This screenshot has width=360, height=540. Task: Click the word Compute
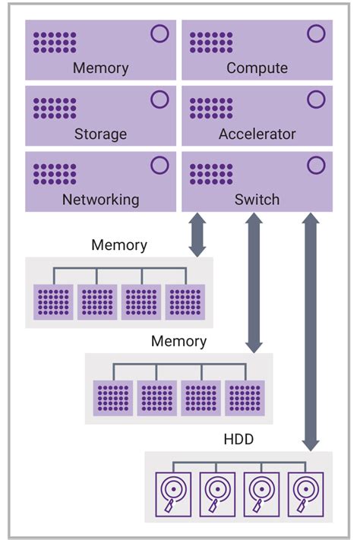257,68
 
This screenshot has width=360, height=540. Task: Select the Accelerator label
257,134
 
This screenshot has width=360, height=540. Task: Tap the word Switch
257,200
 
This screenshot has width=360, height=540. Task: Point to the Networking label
100,200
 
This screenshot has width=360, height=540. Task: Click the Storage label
100,134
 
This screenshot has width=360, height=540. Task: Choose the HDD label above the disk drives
238,440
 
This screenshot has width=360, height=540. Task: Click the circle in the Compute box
315,34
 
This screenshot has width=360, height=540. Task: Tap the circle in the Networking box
159,166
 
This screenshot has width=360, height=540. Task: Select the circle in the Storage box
159,100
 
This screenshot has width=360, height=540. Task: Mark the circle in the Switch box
315,166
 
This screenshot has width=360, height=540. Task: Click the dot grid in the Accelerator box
210,108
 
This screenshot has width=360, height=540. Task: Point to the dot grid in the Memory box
55,43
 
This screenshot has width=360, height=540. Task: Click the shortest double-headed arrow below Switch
197,235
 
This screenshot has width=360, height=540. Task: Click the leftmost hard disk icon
173,494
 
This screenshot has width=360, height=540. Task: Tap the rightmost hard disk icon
306,494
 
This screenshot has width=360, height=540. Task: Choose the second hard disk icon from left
217,494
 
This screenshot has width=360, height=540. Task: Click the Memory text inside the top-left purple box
100,68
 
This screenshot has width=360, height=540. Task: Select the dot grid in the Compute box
210,43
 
